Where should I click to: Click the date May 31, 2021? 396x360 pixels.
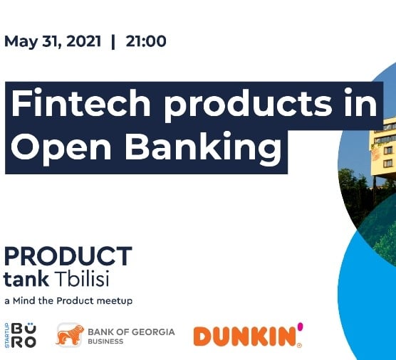point(53,42)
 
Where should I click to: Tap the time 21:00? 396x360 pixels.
point(146,41)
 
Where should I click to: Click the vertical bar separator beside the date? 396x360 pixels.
point(113,42)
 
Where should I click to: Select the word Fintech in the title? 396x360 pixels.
point(80,102)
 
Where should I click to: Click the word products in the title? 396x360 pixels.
point(248,105)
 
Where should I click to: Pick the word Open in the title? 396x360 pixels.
point(61,148)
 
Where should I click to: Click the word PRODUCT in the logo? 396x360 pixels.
point(68,256)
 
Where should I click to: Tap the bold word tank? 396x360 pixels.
point(26,279)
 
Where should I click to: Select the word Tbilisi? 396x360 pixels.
point(83,278)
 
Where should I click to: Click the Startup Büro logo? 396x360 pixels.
point(21,335)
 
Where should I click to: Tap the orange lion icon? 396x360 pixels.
point(70,335)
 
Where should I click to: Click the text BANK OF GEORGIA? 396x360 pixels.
point(131,332)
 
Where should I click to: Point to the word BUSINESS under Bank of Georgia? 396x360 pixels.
point(105,342)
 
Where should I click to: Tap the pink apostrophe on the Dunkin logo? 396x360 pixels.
point(300,326)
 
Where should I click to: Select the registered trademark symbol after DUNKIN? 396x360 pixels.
point(299,346)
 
